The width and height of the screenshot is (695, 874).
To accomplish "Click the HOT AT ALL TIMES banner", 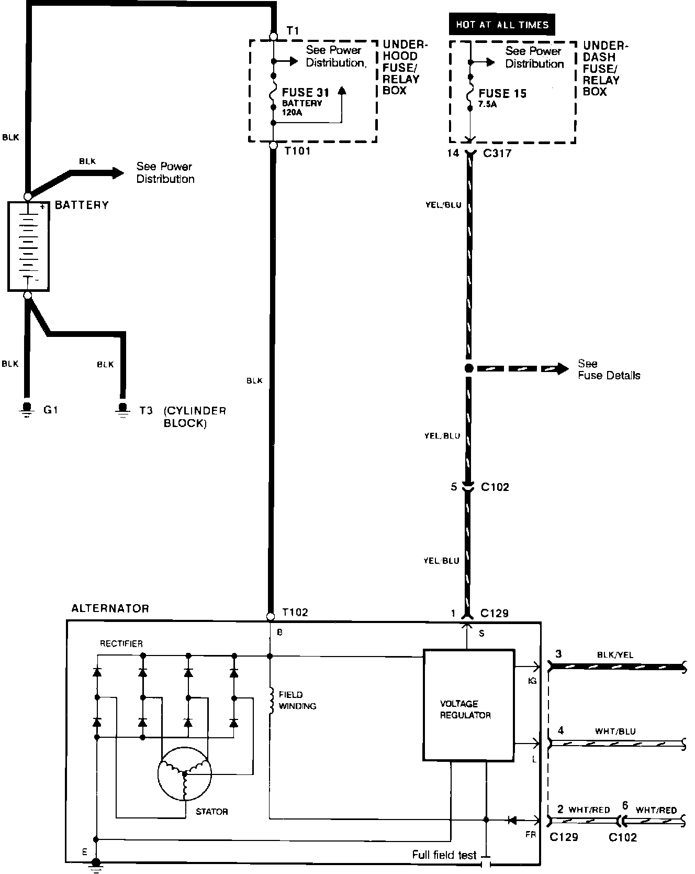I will (501, 25).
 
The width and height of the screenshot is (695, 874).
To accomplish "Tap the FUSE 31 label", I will (306, 93).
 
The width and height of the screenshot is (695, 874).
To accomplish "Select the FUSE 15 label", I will (502, 94).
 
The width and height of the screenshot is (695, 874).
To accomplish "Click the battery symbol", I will (28, 246).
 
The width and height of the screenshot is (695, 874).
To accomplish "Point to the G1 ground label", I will (50, 410).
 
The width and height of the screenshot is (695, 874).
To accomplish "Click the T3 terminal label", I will (145, 410).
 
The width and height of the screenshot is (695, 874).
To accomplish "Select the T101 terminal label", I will (297, 151).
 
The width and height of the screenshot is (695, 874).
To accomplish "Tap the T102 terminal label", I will (295, 612).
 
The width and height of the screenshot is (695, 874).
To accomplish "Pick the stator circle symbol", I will (184, 773).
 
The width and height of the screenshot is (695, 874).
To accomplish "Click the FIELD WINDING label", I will (297, 701).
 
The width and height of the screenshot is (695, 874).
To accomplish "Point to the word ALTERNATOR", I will (110, 608).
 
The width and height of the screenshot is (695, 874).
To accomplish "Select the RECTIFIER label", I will (121, 643).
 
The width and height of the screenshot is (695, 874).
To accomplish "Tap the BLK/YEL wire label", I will (614, 655).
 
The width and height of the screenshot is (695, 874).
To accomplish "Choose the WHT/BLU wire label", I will (615, 731).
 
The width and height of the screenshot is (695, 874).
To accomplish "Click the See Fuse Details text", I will (609, 369).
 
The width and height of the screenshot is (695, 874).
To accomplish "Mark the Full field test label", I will (444, 855).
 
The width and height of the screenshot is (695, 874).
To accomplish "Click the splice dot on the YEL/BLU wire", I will (468, 368).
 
